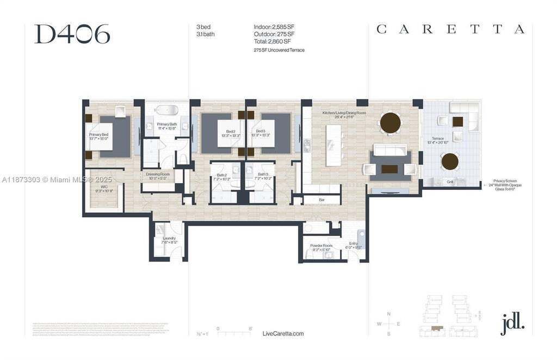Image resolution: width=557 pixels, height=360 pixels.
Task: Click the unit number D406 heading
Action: [72, 34]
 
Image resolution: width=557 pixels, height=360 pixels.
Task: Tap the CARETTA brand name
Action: [450, 29]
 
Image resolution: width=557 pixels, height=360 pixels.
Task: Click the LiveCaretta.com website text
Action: [283, 333]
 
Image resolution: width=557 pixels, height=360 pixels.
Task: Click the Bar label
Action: [321, 200]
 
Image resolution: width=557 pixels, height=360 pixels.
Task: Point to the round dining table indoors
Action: [391, 122]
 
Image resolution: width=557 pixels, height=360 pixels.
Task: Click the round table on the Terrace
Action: [450, 162]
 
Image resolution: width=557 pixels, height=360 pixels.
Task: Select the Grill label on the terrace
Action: [450, 182]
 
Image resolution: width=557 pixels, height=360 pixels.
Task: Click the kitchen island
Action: [333, 146]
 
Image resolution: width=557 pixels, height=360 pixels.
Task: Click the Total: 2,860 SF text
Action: [272, 41]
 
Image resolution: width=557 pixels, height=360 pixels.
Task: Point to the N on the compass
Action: [388, 314]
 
